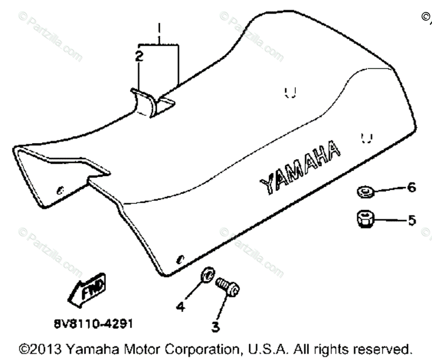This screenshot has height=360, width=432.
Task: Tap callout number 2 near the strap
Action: (139, 56)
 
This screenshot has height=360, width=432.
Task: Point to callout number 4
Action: (180, 306)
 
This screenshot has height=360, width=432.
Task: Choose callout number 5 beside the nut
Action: (412, 220)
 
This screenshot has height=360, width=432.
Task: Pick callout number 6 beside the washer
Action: (411, 187)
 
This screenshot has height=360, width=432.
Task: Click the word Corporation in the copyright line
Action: (200, 349)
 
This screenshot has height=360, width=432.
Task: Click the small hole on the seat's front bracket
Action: (60, 189)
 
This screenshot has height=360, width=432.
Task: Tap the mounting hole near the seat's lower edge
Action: (180, 260)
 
